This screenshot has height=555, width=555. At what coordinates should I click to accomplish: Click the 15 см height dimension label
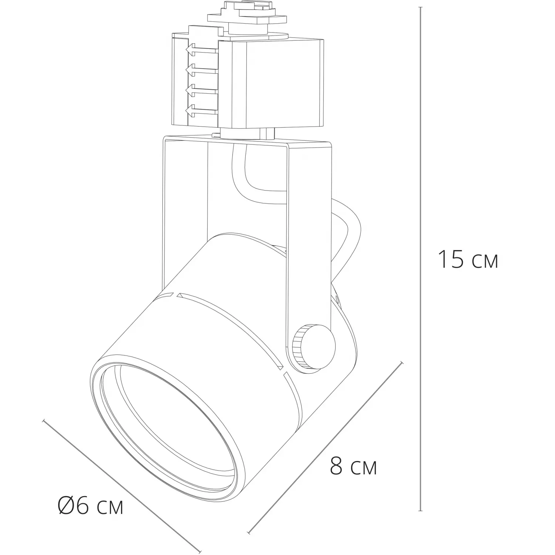point(468,259)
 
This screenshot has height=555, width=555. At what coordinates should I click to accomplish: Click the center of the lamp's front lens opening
point(168,420)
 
